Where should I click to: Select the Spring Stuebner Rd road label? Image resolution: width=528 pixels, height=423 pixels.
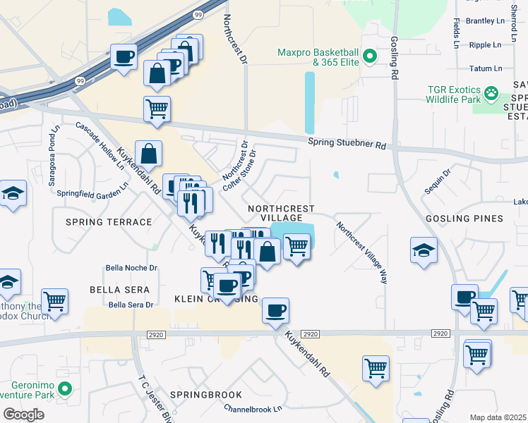(x=347, y=144)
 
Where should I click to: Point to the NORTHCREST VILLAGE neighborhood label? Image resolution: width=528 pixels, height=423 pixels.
(x=280, y=213)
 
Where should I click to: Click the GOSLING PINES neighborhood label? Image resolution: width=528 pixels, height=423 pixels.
(x=464, y=219)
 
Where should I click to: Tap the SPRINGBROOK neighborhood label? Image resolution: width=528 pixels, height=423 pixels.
(x=205, y=395)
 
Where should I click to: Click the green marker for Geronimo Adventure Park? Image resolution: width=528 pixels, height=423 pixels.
(x=66, y=388)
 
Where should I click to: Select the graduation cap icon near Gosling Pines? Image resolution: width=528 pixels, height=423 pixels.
(x=424, y=250)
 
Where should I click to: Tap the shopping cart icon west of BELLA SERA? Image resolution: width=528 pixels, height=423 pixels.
(x=54, y=301)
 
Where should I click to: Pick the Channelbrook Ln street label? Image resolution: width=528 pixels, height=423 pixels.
(x=253, y=408)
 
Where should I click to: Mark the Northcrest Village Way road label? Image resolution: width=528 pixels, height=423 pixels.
(x=362, y=253)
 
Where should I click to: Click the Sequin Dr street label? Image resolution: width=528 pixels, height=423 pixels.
(x=438, y=183)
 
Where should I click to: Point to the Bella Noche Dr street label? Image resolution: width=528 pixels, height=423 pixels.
(x=131, y=268)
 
